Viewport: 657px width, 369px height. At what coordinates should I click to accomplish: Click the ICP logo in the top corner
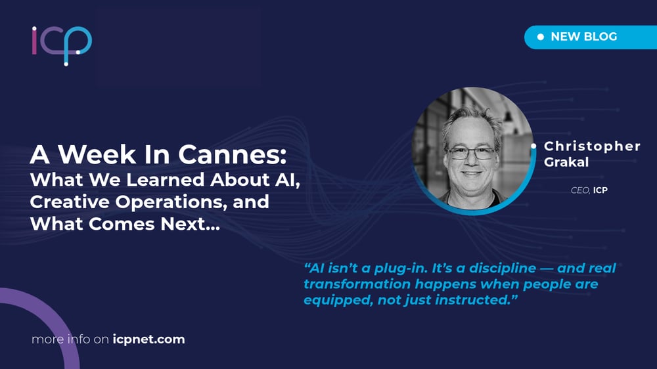tap(62, 45)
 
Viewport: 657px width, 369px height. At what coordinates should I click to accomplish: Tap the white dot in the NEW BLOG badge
tap(541, 37)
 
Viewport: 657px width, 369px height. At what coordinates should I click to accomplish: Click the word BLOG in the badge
tap(600, 37)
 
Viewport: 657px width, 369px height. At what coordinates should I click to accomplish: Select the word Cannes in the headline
tap(233, 154)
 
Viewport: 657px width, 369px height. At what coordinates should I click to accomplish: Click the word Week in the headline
tap(97, 154)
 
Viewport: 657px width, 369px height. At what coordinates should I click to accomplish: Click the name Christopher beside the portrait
tap(592, 146)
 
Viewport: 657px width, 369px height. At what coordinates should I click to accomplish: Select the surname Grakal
tap(566, 162)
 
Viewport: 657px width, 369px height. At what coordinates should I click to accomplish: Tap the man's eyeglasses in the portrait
tap(471, 153)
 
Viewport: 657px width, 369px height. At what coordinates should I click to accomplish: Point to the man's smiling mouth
tap(471, 173)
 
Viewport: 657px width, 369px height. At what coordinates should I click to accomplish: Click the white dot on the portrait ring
tap(533, 146)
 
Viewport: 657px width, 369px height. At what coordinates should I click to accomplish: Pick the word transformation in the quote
tap(357, 284)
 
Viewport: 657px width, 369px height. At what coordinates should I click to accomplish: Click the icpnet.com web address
tap(148, 339)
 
